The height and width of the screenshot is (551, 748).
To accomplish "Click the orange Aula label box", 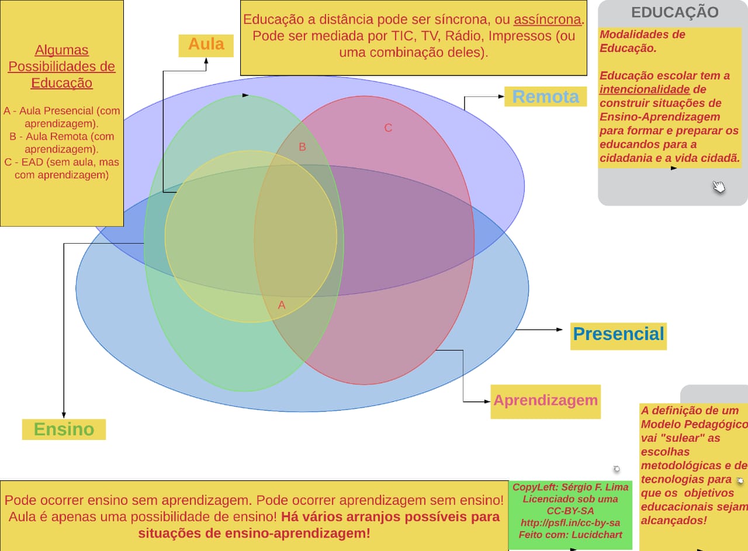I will [x=206, y=45].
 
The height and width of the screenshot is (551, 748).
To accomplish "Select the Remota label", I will [x=545, y=96].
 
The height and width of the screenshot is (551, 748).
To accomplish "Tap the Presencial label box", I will [x=618, y=334].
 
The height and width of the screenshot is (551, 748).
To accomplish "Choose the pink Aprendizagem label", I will [x=545, y=401].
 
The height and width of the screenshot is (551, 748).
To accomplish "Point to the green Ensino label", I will [x=64, y=429].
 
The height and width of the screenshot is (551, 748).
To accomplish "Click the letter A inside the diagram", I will [x=282, y=305].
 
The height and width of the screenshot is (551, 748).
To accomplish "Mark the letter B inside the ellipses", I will [x=302, y=147].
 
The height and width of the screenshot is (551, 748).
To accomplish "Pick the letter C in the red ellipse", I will [x=388, y=128].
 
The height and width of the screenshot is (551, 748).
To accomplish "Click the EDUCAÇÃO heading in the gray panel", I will [x=675, y=12].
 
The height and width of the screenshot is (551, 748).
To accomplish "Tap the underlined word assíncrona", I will [x=548, y=19].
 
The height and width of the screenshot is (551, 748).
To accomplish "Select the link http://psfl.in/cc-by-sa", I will [x=570, y=522].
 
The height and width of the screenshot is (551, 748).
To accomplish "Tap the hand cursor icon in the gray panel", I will [x=719, y=187].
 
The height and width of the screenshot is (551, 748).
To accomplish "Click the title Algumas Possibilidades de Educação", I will [x=61, y=67].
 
